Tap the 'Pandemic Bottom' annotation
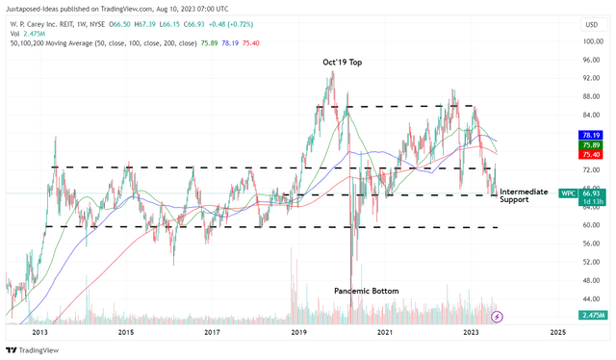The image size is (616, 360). tap(366, 291)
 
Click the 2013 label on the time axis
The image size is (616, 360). tap(40, 332)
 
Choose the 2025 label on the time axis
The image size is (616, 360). tap(557, 332)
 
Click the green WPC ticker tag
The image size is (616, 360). tap(541, 193)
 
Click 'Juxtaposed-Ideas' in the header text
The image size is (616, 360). tap(38, 8)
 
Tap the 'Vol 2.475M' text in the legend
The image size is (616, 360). tap(28, 33)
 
